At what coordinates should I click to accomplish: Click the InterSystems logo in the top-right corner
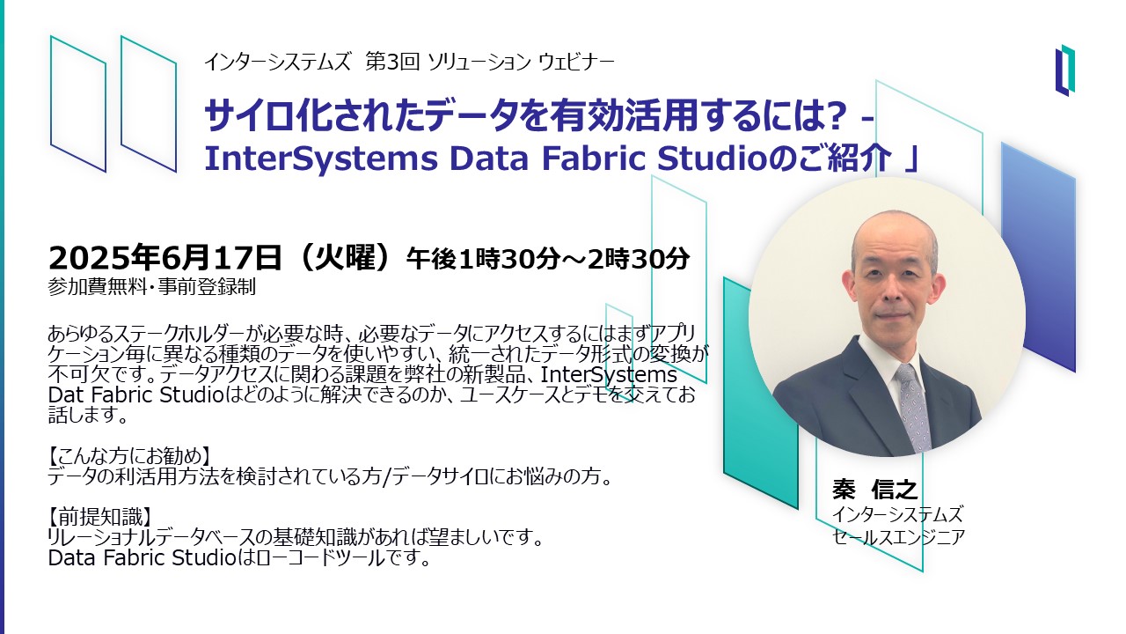(1064, 70)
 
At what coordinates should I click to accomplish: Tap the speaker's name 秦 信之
(875, 490)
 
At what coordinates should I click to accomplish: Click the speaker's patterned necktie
(913, 409)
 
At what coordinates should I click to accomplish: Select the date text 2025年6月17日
(165, 258)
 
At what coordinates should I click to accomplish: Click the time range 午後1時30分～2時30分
(548, 259)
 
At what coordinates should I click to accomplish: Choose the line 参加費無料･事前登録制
(152, 287)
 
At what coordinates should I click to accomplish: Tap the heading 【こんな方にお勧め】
(128, 456)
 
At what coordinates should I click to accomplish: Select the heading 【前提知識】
(99, 517)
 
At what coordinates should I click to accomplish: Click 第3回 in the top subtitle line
(392, 62)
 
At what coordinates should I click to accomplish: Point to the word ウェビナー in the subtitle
(576, 63)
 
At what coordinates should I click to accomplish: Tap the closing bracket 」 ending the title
(910, 158)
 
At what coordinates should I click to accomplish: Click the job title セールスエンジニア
(898, 537)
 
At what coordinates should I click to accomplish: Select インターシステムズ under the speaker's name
(897, 515)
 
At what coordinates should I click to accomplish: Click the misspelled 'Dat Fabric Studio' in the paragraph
(135, 395)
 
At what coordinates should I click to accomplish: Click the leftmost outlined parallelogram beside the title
(78, 103)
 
